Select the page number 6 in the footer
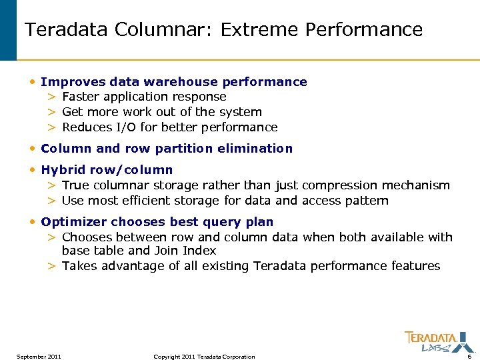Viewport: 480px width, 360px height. coord(469,357)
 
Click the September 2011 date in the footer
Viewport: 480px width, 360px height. coord(39,357)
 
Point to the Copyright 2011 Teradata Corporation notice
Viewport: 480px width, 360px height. coord(204,357)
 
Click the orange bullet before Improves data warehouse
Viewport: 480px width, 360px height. coord(33,82)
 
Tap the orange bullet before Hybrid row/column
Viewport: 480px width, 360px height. coord(33,170)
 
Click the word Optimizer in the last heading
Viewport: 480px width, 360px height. coord(74,222)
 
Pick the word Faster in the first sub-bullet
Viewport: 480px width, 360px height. coord(81,97)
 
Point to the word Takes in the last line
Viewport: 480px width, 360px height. coord(79,266)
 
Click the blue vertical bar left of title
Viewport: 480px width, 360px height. coord(8,30)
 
